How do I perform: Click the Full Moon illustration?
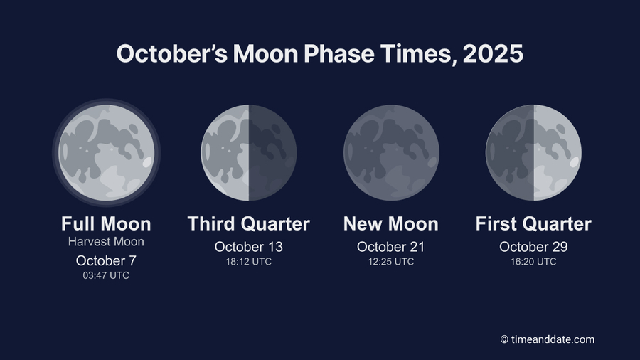[x=106, y=152]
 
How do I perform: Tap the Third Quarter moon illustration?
[x=248, y=152]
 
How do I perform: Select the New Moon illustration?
[x=391, y=152]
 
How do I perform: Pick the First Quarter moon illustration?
[x=533, y=152]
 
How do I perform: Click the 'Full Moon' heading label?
[x=106, y=224]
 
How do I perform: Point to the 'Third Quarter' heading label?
[x=248, y=224]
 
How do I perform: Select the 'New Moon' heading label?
[x=391, y=224]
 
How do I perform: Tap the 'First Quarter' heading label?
[x=533, y=224]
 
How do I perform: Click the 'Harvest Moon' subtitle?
[x=106, y=242]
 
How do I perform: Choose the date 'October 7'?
[x=106, y=260]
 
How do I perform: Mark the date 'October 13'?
[x=248, y=247]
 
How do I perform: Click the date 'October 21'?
[x=391, y=247]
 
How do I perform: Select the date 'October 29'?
[x=533, y=247]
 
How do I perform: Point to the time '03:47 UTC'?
[x=106, y=275]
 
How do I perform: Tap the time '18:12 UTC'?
[x=248, y=262]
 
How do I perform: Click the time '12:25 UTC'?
[x=391, y=262]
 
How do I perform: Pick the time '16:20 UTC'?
[x=533, y=262]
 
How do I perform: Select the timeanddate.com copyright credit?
[x=547, y=339]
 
